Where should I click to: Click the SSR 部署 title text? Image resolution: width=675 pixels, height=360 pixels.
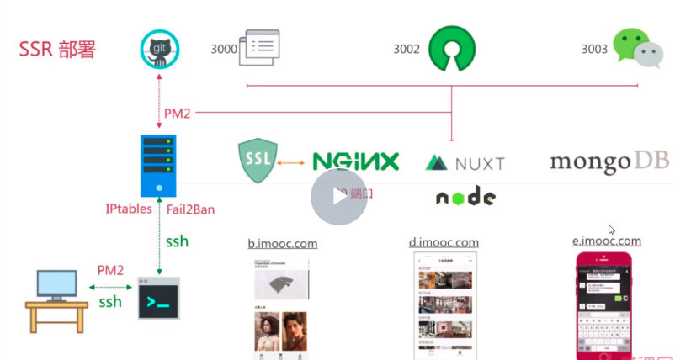(57, 49)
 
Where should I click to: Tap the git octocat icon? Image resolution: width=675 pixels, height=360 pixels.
(159, 49)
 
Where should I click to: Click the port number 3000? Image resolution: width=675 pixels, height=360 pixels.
(224, 49)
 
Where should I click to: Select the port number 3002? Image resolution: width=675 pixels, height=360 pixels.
(407, 50)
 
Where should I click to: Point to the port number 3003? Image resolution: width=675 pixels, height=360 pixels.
(594, 50)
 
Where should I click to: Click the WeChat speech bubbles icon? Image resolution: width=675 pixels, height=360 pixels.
(636, 48)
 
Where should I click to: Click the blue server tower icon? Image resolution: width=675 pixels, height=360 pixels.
(158, 166)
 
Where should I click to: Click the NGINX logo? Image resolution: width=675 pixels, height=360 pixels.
(355, 161)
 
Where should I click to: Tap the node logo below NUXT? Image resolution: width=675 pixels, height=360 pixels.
(465, 197)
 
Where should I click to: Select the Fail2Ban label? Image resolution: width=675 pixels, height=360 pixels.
(189, 209)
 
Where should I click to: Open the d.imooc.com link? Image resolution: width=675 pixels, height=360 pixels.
(444, 243)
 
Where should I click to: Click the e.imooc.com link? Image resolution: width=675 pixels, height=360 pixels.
(606, 241)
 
